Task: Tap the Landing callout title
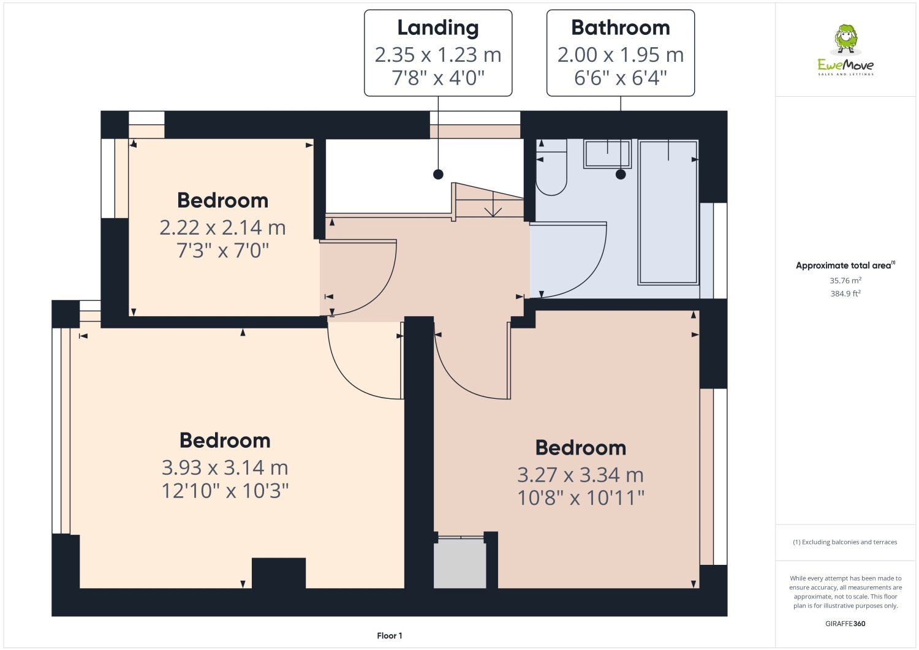[437, 28]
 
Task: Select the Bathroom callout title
[620, 28]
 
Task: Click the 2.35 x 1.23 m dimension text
[437, 55]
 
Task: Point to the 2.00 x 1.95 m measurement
[620, 55]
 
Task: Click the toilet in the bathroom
[551, 168]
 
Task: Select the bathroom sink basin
[607, 154]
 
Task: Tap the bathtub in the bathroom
[668, 212]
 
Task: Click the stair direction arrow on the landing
[493, 210]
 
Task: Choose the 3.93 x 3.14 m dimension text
[225, 468]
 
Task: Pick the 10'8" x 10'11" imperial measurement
[581, 498]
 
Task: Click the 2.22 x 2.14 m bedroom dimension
[222, 228]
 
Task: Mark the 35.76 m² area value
[845, 281]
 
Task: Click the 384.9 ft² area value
[845, 293]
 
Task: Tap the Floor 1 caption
[390, 636]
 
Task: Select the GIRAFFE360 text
[845, 624]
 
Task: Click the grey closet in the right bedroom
[459, 564]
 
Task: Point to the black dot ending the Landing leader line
[438, 174]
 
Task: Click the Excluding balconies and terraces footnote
[845, 542]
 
